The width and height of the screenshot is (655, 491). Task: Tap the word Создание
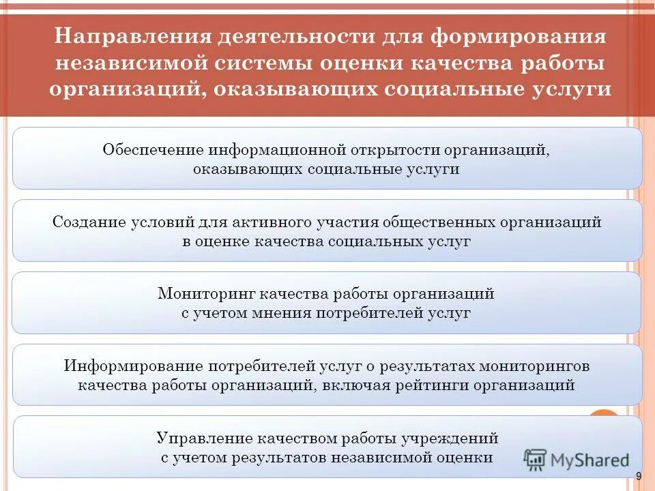(89, 222)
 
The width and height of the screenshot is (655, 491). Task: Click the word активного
(267, 222)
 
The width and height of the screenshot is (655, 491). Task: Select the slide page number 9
(639, 477)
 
